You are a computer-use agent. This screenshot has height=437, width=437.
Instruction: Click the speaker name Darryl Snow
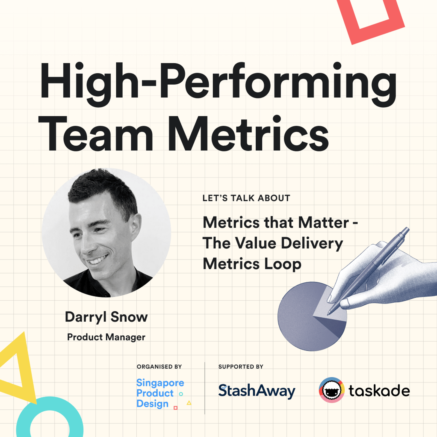tap(106, 317)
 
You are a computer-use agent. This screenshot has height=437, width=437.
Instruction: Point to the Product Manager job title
tap(106, 337)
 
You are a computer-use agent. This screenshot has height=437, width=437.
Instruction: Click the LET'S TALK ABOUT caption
tap(246, 198)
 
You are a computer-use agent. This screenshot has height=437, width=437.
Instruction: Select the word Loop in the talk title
tap(283, 264)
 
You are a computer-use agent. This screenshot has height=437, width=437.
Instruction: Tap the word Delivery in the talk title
tap(312, 243)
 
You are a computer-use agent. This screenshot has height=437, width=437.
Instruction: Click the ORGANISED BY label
tap(159, 367)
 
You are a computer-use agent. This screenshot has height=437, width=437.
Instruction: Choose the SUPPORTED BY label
tap(241, 367)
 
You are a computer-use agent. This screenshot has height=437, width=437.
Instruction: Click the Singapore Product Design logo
tap(163, 394)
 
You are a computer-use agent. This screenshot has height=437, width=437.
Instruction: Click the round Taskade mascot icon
tap(332, 390)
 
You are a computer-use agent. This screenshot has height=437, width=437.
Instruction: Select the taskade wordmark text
tap(379, 391)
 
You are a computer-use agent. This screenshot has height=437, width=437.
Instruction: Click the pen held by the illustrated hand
tap(369, 271)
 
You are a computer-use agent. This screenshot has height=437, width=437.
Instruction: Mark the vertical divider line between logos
tap(205, 388)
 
